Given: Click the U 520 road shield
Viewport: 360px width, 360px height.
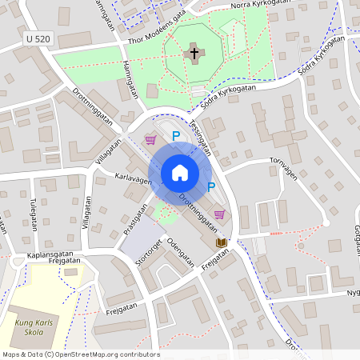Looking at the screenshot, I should (38, 38).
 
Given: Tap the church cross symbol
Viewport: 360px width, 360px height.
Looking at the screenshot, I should (193, 54).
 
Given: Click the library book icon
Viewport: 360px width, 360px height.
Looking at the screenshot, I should (221, 242).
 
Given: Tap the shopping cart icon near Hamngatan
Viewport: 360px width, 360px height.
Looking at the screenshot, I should (150, 140).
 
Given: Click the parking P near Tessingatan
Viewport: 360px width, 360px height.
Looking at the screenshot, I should (176, 137).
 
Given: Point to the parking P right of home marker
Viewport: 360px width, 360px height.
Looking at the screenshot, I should (211, 187).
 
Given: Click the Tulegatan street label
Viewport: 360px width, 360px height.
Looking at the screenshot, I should (33, 214).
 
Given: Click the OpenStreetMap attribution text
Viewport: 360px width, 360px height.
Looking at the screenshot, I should (80, 354).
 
